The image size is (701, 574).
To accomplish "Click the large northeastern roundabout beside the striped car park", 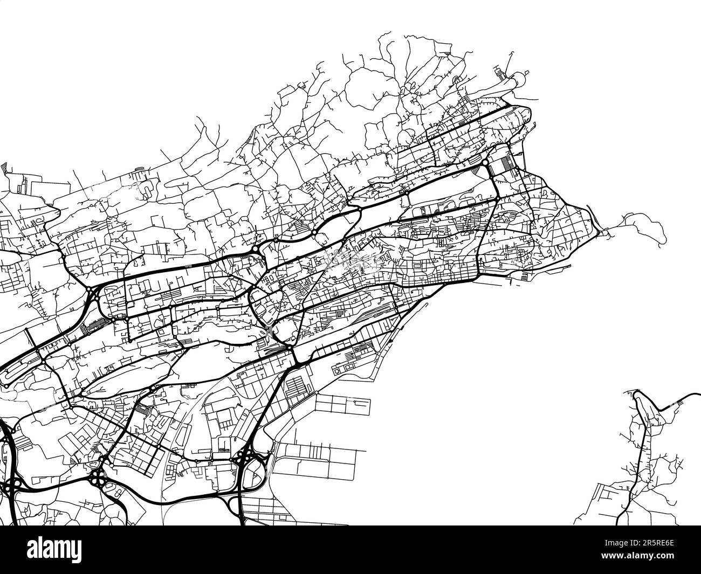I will pos(485,162).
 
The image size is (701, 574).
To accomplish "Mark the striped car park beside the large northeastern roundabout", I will pos(505,164).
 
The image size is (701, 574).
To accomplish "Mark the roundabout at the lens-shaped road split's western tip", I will pos(314,232).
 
